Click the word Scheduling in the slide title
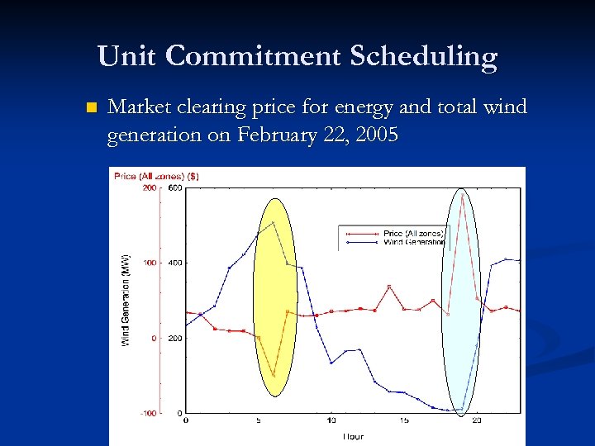[423, 56]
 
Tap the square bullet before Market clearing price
[91, 108]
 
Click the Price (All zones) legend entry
[413, 234]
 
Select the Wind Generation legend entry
[413, 242]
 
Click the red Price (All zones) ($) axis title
[156, 176]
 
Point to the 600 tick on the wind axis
[176, 187]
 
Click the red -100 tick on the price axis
[147, 413]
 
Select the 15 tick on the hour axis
[403, 421]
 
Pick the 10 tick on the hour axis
[331, 421]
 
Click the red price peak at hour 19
[463, 195]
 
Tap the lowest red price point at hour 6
[274, 376]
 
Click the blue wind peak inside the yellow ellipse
[274, 222]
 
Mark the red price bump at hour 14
[389, 287]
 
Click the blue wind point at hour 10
[331, 363]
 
